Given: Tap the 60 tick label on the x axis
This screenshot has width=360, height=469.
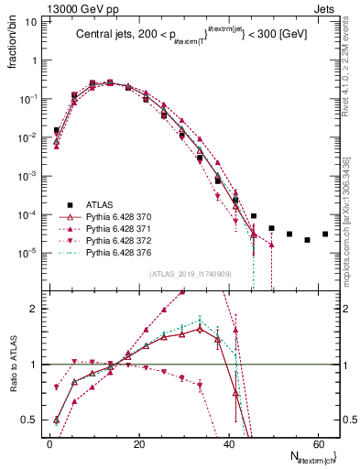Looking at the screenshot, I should point(316,445).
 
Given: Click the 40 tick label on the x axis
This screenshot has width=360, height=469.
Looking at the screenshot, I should point(227,445).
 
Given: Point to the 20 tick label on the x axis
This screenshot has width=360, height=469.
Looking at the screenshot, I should point(138,445).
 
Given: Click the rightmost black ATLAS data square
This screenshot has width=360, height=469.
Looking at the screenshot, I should point(325,234).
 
